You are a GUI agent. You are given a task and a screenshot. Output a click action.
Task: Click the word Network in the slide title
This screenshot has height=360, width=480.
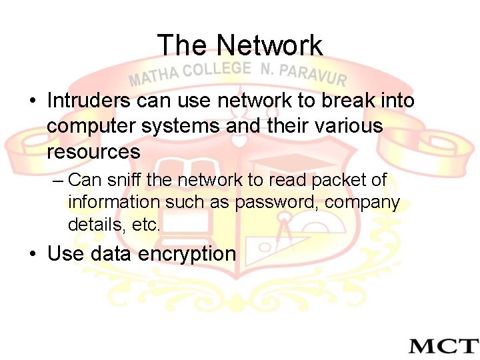[x=269, y=45]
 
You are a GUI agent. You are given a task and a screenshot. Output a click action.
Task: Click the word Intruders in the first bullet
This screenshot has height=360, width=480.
[x=89, y=101]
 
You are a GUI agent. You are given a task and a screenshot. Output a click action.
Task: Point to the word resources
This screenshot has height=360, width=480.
[x=93, y=151]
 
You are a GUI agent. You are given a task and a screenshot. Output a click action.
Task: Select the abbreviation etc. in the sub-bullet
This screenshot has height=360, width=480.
[x=146, y=225]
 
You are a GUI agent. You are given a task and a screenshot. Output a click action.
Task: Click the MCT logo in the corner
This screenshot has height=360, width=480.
[x=443, y=345]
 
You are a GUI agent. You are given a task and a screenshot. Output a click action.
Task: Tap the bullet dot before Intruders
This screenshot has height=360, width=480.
[x=32, y=101]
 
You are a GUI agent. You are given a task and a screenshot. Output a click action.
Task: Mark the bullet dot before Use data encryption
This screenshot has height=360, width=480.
[x=32, y=255]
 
